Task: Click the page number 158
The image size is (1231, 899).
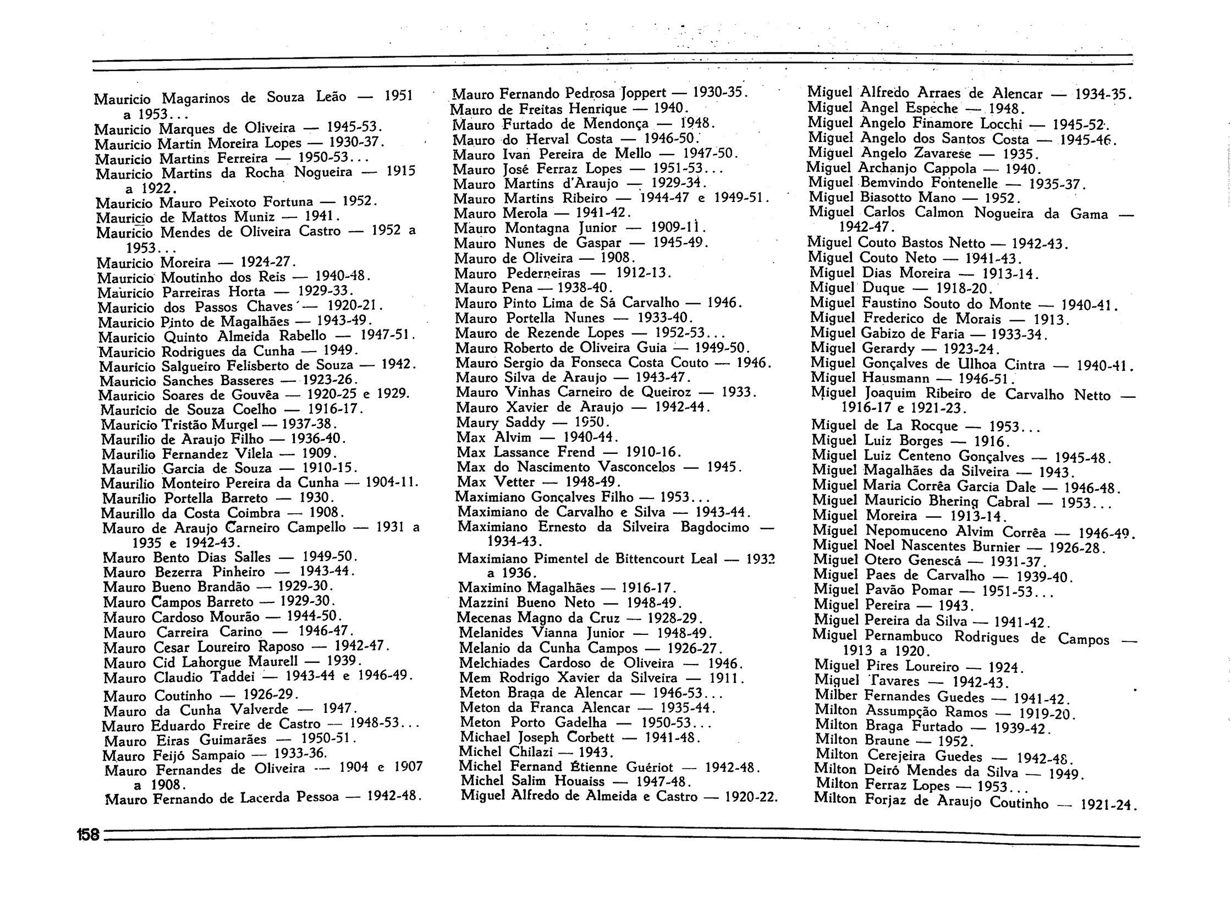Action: (87, 835)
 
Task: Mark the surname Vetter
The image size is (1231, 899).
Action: (515, 483)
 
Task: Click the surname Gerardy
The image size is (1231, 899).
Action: (888, 348)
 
